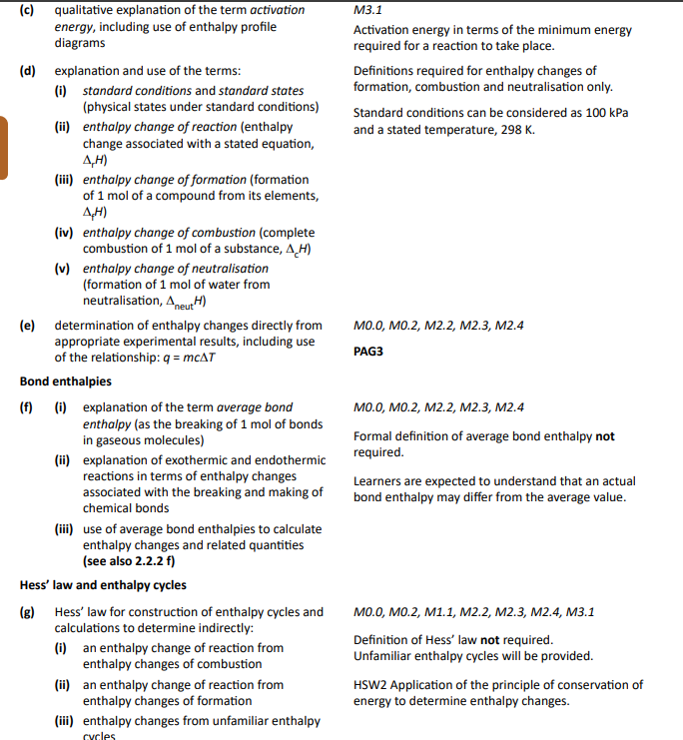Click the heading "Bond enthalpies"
[x=66, y=381]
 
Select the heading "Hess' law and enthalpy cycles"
[x=103, y=585]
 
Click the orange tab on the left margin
[x=4, y=148]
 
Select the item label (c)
[x=28, y=10]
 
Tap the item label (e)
[x=28, y=326]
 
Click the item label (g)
[x=28, y=612]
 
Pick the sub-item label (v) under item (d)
[x=62, y=269]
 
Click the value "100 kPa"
[x=606, y=113]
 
